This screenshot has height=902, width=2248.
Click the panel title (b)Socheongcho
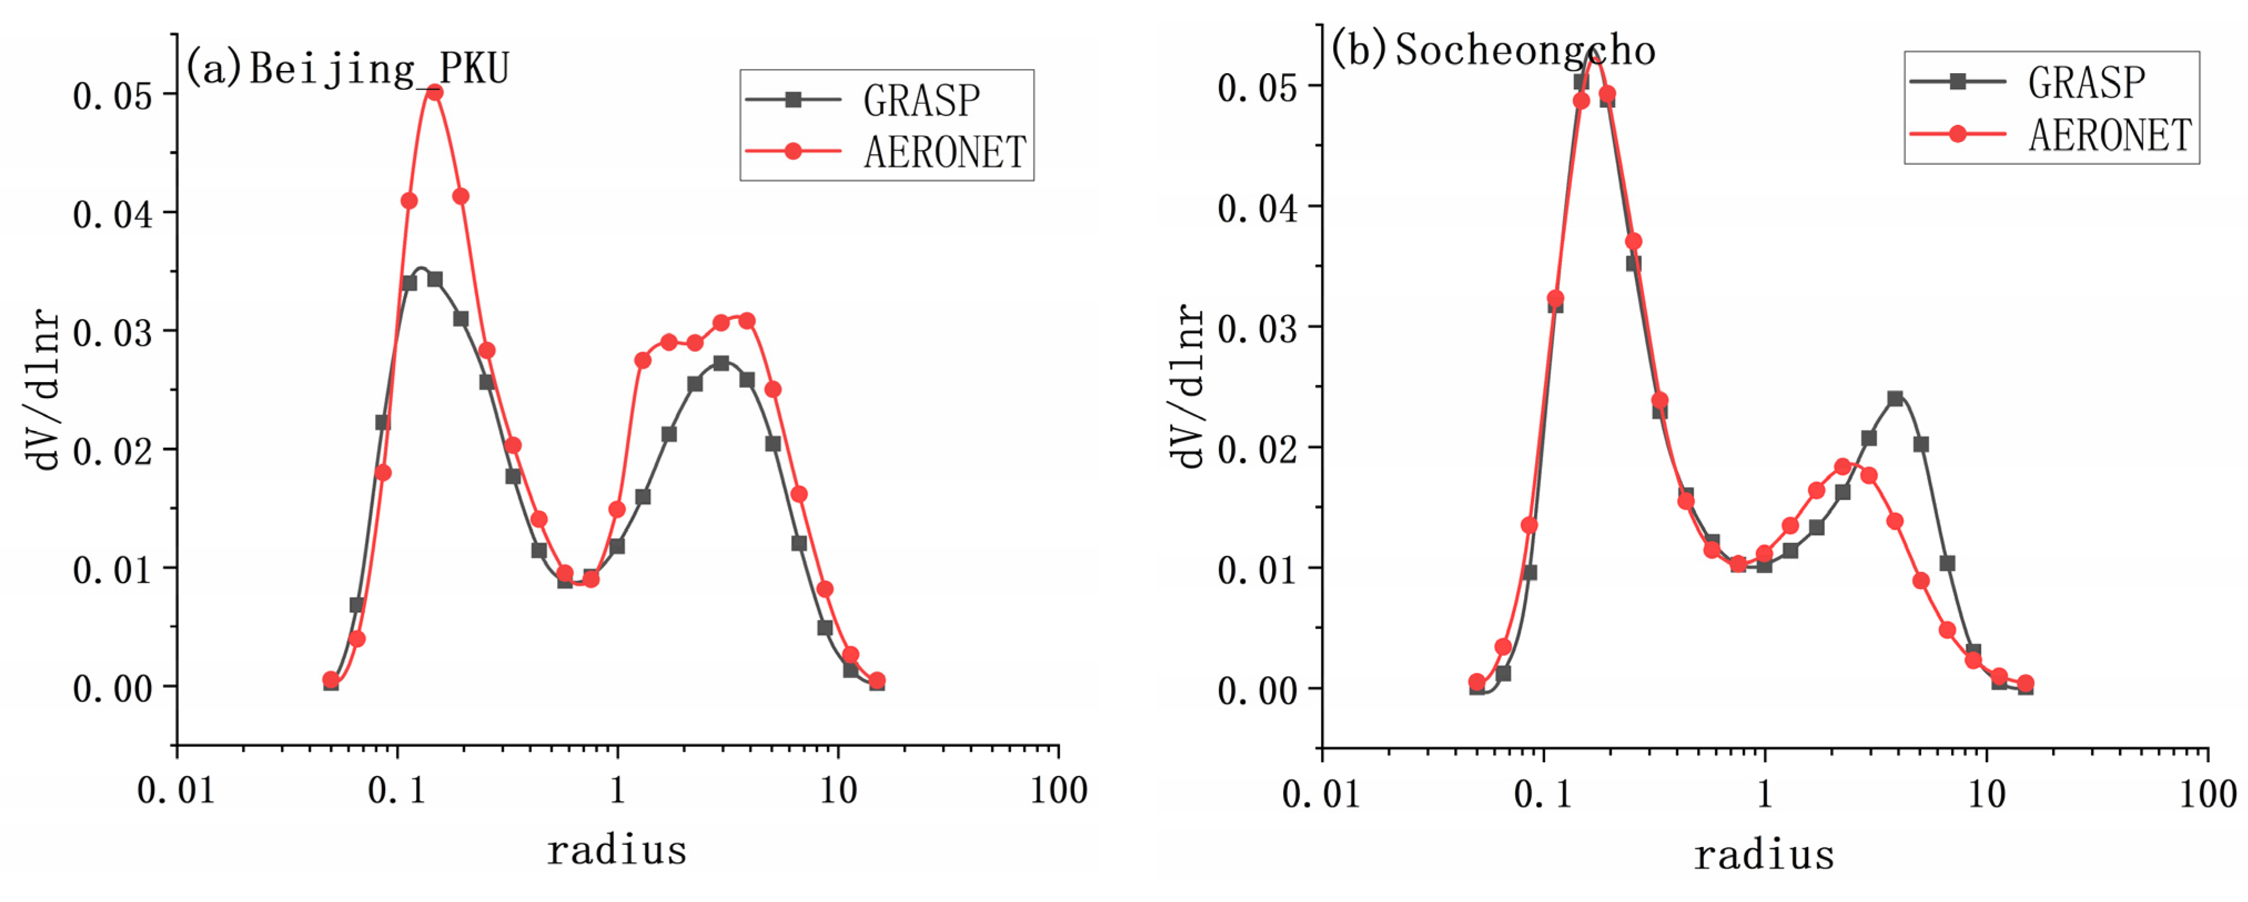click(x=1493, y=50)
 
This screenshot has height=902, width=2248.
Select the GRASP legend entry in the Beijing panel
click(x=920, y=100)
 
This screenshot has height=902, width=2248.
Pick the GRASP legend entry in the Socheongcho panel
click(x=2085, y=82)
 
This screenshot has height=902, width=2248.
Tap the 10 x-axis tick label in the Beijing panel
click(x=838, y=790)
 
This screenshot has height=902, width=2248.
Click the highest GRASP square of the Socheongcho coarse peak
click(x=1895, y=399)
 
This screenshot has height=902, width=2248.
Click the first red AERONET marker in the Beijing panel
click(x=331, y=680)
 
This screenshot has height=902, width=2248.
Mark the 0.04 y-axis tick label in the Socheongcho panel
click(x=1258, y=209)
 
